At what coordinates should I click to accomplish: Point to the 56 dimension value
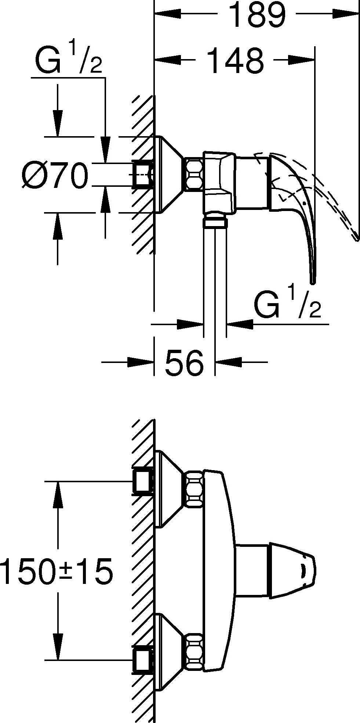[184, 362]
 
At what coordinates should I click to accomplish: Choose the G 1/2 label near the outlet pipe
[287, 304]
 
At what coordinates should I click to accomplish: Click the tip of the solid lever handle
[313, 281]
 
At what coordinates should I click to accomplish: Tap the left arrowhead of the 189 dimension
[167, 14]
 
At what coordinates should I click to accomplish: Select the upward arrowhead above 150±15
[57, 494]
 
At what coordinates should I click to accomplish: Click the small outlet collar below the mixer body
[215, 221]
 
